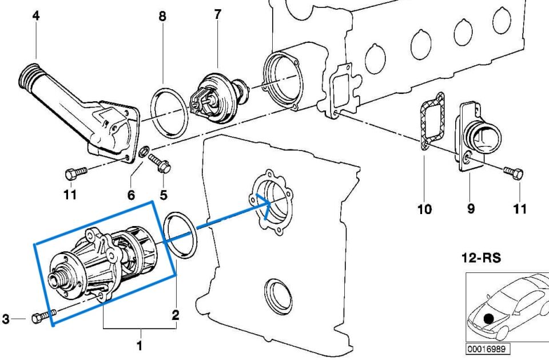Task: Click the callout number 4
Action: coord(36,16)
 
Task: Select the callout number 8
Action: coord(163,17)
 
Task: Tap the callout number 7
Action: coord(217,14)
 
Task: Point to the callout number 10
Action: coord(424,209)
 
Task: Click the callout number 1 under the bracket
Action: coord(139,346)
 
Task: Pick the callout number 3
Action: coord(6,319)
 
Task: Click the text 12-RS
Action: coord(480,258)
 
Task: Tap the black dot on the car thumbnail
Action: coord(488,318)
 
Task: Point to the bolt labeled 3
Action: coord(43,316)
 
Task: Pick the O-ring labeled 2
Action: coord(180,235)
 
